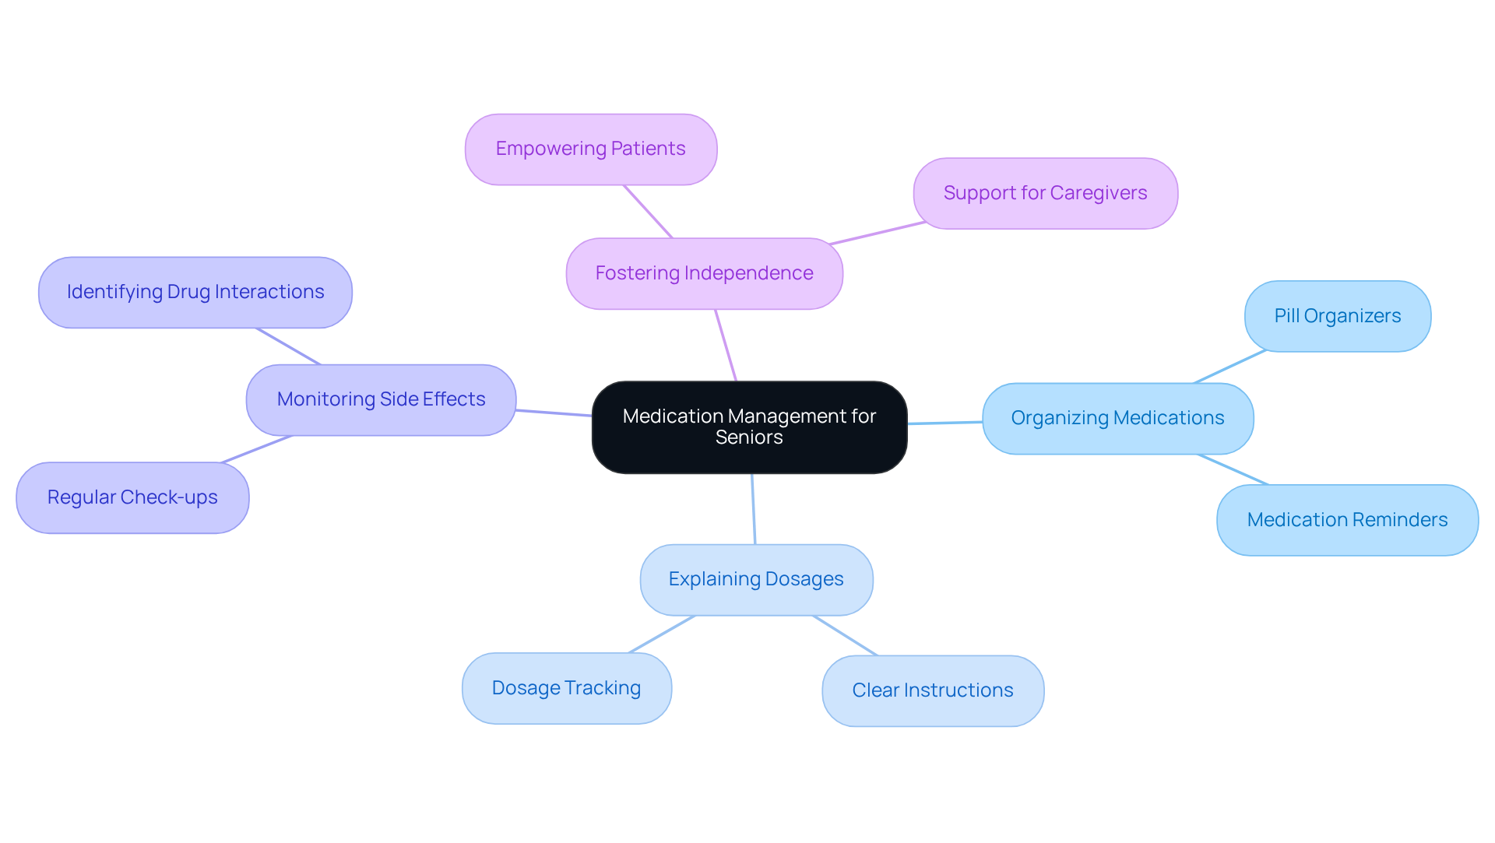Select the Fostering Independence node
coord(704,273)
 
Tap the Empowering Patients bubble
coord(590,149)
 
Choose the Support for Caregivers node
coord(1045,193)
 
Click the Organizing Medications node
coord(1117,418)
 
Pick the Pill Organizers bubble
coord(1337,316)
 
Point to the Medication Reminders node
coord(1347,520)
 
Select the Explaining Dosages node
coord(755,579)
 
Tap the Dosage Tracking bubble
coord(566,688)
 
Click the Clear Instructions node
coord(932,690)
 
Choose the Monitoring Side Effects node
coord(381,399)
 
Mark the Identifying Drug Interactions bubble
coord(195,292)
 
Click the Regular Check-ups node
coord(132,497)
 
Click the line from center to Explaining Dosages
coord(754,509)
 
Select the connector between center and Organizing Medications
coord(944,423)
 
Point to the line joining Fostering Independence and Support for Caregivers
coord(878,234)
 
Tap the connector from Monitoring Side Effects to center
coord(554,413)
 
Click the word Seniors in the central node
coord(749,437)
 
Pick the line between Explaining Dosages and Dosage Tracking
coord(661,634)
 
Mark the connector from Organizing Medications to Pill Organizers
coord(1230,367)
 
